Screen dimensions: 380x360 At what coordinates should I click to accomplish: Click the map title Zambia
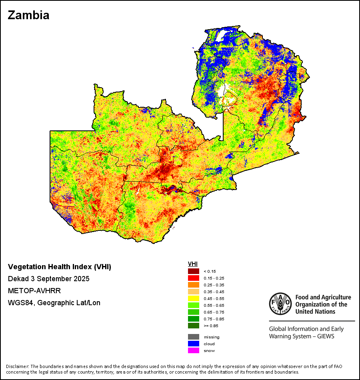tap(28, 15)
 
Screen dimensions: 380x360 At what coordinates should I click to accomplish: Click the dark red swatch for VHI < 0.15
tap(194, 271)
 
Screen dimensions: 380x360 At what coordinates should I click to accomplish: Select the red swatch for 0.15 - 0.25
tap(194, 278)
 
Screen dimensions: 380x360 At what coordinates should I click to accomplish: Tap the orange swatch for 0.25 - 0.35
tap(194, 285)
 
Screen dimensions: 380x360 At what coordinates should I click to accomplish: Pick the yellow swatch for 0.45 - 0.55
tap(194, 298)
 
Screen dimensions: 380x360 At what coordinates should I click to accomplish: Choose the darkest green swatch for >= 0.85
tap(194, 326)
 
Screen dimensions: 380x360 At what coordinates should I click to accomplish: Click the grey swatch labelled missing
tap(194, 337)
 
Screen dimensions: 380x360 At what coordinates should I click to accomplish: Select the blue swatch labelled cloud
tap(194, 344)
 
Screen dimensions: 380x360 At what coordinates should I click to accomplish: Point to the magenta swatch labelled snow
tap(194, 350)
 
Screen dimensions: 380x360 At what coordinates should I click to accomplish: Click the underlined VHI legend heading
tap(193, 264)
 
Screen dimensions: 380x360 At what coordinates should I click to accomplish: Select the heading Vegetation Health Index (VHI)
tap(60, 267)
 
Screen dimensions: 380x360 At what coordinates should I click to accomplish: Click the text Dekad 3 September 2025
tap(48, 278)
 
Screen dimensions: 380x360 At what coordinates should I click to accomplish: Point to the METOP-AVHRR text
tap(34, 290)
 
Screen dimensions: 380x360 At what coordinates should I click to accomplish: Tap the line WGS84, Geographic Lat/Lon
tap(54, 303)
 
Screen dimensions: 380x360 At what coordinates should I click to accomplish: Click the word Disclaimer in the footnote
tap(17, 366)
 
